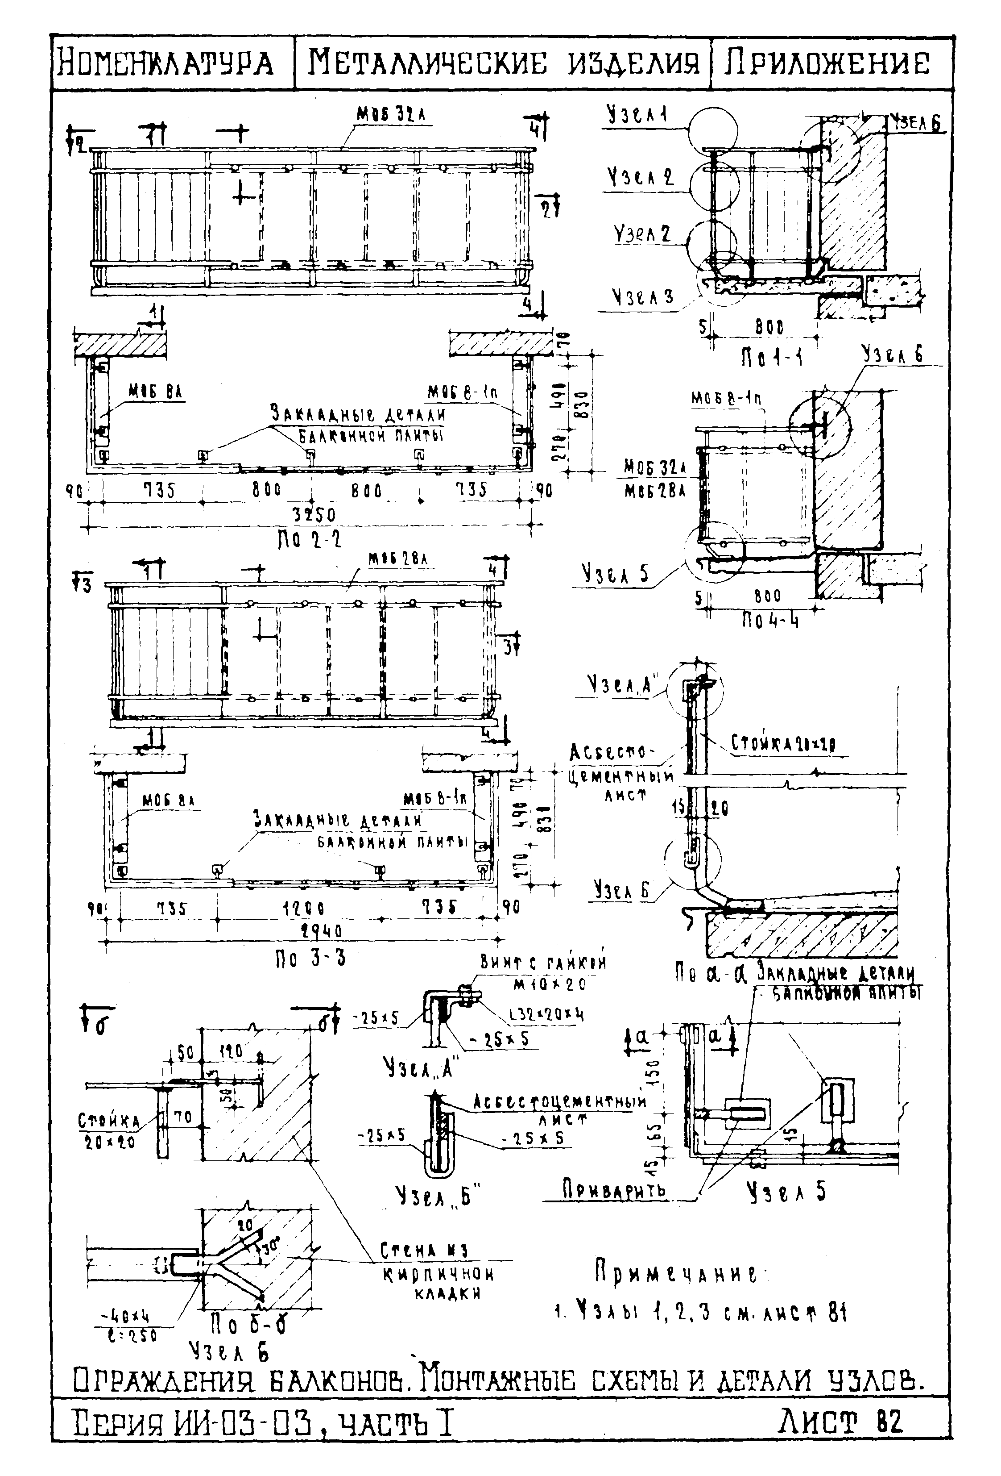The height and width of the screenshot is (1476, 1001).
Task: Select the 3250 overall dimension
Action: pos(314,513)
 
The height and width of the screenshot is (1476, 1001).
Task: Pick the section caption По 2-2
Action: pos(310,540)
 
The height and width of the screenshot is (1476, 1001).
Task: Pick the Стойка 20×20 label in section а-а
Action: pos(783,742)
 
